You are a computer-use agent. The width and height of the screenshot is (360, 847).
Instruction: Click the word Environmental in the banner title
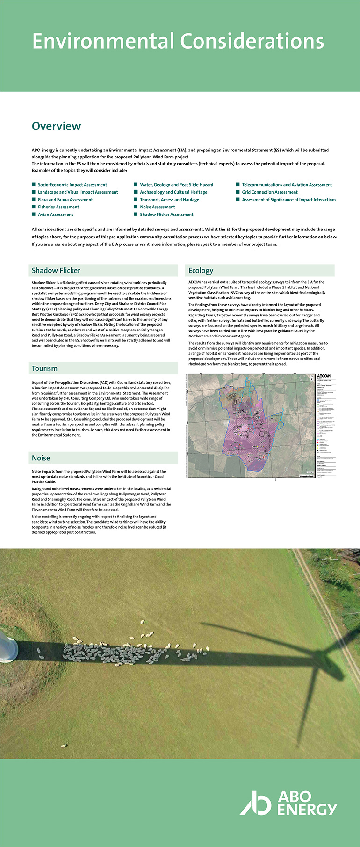pyautogui.click(x=103, y=42)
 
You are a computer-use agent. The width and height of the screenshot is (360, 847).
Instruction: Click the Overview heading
pyautogui.click(x=56, y=126)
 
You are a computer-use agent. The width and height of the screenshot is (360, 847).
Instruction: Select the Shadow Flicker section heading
pyautogui.click(x=56, y=270)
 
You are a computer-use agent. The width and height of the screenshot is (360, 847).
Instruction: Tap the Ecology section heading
pyautogui.click(x=201, y=270)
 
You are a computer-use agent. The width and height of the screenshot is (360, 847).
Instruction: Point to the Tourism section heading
pyautogui.click(x=44, y=368)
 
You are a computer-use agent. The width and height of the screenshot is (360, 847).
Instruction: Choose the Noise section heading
pyautogui.click(x=41, y=458)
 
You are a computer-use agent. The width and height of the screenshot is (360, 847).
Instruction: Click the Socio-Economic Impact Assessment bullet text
pyautogui.click(x=72, y=185)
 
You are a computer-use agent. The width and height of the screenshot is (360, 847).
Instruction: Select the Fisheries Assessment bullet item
pyautogui.click(x=58, y=207)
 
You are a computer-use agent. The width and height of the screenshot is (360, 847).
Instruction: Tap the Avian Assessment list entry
pyautogui.click(x=56, y=215)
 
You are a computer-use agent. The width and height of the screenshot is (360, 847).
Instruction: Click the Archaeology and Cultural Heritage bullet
pyautogui.click(x=173, y=192)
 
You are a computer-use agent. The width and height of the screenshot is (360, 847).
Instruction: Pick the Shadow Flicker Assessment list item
pyautogui.click(x=166, y=215)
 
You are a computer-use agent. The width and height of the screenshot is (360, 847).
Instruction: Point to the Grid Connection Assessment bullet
pyautogui.click(x=270, y=192)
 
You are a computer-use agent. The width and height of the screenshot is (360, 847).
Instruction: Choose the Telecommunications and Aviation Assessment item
pyautogui.click(x=287, y=185)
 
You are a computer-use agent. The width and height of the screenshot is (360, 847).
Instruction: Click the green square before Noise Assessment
pyautogui.click(x=136, y=207)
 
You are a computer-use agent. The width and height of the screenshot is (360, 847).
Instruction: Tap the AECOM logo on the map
pyautogui.click(x=324, y=376)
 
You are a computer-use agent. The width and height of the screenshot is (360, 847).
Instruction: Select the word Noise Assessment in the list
pyautogui.click(x=158, y=207)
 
